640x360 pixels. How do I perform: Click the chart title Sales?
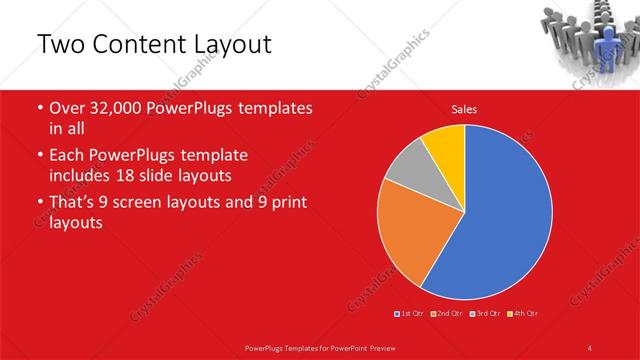[463, 109]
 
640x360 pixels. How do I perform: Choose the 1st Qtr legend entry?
[410, 314]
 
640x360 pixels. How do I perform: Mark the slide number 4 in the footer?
[590, 347]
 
